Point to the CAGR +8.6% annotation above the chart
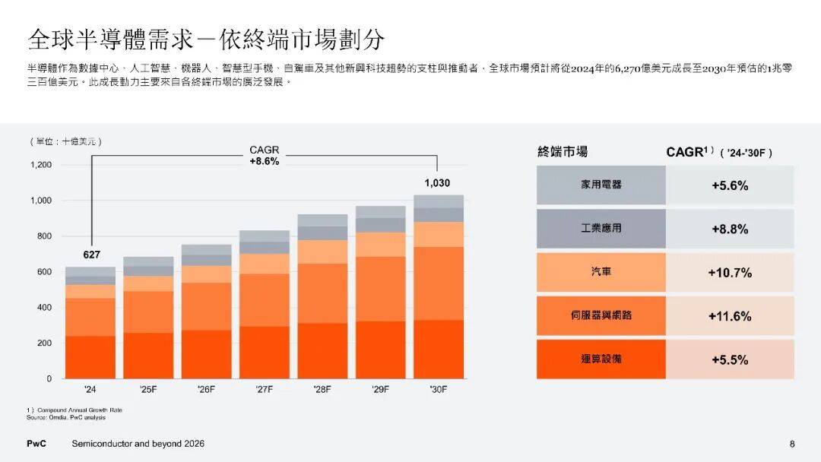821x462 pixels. [x=265, y=156]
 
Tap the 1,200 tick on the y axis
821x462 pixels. [x=41, y=165]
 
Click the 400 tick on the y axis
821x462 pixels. [x=44, y=308]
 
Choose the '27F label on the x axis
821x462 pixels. [x=265, y=389]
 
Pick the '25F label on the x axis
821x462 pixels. [x=148, y=389]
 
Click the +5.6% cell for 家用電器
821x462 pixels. [x=729, y=185]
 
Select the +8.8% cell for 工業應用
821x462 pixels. [x=729, y=229]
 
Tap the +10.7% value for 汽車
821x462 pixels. [x=729, y=272]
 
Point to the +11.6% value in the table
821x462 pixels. [x=729, y=315]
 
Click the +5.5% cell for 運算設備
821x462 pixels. [x=729, y=359]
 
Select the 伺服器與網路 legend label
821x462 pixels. [x=601, y=315]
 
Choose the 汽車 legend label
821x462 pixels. [x=601, y=272]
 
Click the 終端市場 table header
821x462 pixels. [x=563, y=152]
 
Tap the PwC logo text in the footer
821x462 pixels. [x=36, y=444]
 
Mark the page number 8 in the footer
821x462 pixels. [x=791, y=444]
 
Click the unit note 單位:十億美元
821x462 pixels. [x=67, y=141]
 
